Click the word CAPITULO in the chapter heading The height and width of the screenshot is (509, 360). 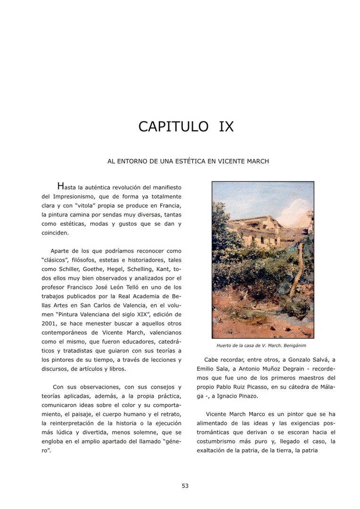[x=173, y=127]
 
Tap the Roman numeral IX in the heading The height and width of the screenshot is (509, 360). [x=226, y=127]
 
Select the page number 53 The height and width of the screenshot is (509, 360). [x=185, y=486]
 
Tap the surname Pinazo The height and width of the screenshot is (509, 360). [x=245, y=396]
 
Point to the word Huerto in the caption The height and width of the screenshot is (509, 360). [x=224, y=345]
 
